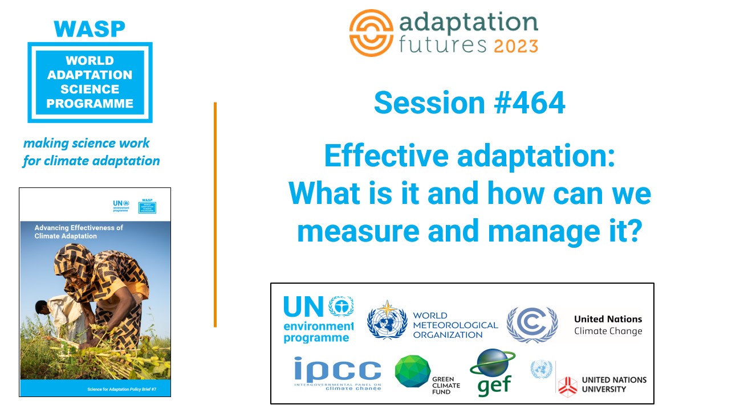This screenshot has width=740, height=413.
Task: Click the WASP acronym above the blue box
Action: (90, 28)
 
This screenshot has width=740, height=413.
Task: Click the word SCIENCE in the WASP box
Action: (91, 89)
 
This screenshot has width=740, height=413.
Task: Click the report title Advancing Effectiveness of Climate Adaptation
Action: (79, 231)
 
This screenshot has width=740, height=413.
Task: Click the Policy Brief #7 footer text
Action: (120, 389)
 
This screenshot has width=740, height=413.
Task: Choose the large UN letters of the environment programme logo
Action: (303, 307)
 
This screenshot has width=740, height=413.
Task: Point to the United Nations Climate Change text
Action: (608, 325)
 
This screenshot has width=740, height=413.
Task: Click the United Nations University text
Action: (613, 384)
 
